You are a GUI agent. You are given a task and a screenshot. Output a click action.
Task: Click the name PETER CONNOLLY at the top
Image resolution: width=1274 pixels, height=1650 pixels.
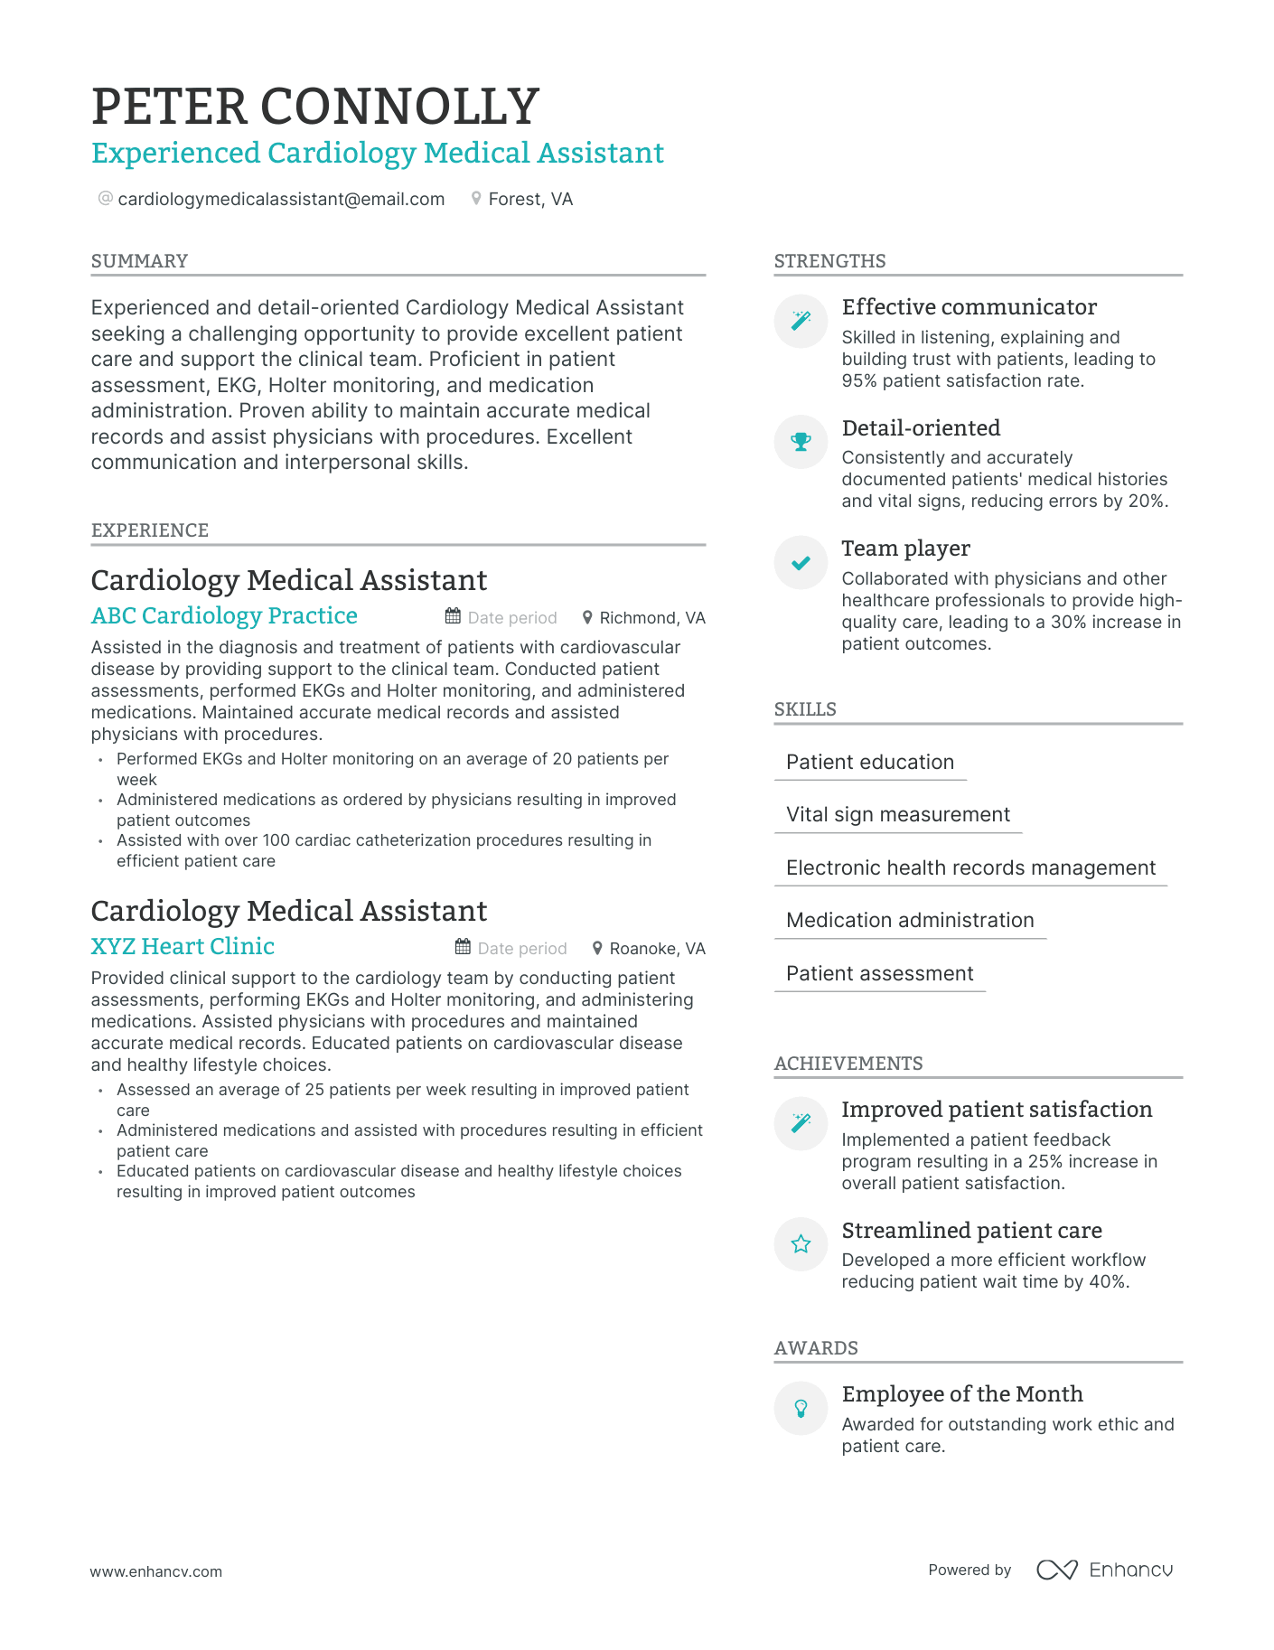pyautogui.click(x=315, y=107)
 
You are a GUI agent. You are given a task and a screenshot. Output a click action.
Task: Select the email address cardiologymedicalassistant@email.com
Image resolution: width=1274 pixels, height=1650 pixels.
pyautogui.click(x=281, y=199)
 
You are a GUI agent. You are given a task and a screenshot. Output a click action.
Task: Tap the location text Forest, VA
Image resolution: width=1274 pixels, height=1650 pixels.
pyautogui.click(x=529, y=199)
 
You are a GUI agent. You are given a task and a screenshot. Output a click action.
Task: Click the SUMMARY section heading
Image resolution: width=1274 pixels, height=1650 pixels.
pyautogui.click(x=139, y=261)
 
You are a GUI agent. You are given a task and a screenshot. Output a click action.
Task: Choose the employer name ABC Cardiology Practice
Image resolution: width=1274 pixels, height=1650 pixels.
pyautogui.click(x=224, y=616)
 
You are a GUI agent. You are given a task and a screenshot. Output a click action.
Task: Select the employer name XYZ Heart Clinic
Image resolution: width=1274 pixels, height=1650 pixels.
pyautogui.click(x=183, y=947)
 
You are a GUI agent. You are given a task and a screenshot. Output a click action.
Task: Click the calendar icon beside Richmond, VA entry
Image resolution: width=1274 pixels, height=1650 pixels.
pyautogui.click(x=453, y=617)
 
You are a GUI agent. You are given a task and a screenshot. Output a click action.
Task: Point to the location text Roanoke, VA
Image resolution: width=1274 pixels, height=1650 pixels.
pyautogui.click(x=656, y=949)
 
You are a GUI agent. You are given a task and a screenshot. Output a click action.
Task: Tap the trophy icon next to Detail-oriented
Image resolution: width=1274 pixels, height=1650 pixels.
pyautogui.click(x=801, y=442)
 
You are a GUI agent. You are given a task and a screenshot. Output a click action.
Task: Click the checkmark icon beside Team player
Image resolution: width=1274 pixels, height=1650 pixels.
pyautogui.click(x=801, y=563)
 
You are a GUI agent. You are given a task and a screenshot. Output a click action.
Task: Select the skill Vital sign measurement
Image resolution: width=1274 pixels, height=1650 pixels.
pyautogui.click(x=897, y=815)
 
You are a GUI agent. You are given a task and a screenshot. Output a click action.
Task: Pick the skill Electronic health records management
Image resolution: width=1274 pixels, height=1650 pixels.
pyautogui.click(x=970, y=868)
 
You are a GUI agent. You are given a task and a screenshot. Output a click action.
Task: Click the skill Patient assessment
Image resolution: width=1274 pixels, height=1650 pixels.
pyautogui.click(x=879, y=974)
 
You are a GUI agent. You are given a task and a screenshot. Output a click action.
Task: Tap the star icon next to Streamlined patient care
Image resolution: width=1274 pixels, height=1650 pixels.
pyautogui.click(x=801, y=1244)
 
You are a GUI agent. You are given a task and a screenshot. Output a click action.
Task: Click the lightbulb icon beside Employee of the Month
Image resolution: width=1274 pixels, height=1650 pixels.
pyautogui.click(x=801, y=1408)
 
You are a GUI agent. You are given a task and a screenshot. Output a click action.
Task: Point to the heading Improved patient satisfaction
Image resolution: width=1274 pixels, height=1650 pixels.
pyautogui.click(x=997, y=1110)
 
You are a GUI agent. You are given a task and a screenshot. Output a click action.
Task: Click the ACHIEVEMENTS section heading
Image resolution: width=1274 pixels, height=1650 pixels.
pyautogui.click(x=848, y=1064)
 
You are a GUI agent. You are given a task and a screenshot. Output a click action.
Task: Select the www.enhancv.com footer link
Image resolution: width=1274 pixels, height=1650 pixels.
pyautogui.click(x=155, y=1571)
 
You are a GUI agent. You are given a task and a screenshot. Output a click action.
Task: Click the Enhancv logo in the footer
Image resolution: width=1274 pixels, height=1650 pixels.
pyautogui.click(x=1104, y=1570)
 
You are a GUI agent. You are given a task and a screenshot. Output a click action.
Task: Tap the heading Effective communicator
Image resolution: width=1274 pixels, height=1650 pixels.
pyautogui.click(x=969, y=307)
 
